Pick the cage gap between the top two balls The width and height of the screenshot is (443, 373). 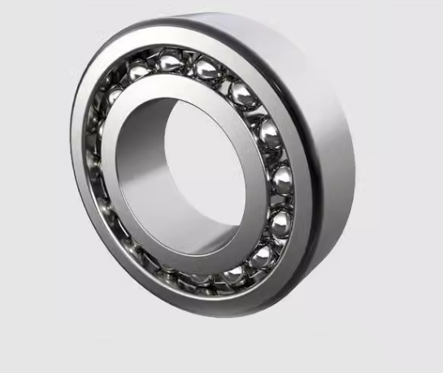pos(192,63)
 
